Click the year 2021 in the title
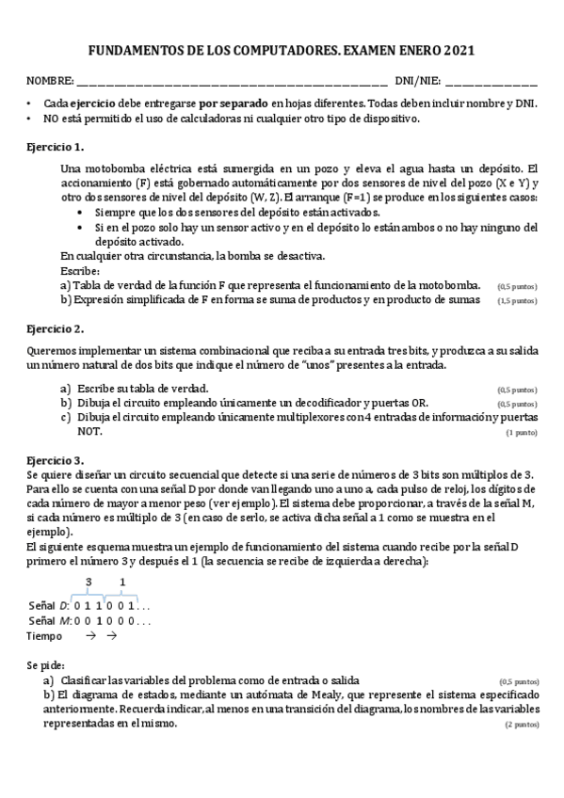click(459, 51)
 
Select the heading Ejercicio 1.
click(56, 147)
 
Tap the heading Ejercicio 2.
click(56, 328)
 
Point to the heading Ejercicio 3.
click(56, 460)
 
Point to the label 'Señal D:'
click(49, 604)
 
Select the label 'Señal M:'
click(49, 620)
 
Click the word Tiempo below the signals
click(44, 636)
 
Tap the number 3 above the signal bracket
click(89, 583)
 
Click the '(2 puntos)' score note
click(522, 726)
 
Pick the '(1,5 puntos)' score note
click(518, 300)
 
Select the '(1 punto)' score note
click(522, 433)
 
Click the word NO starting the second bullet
click(51, 119)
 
